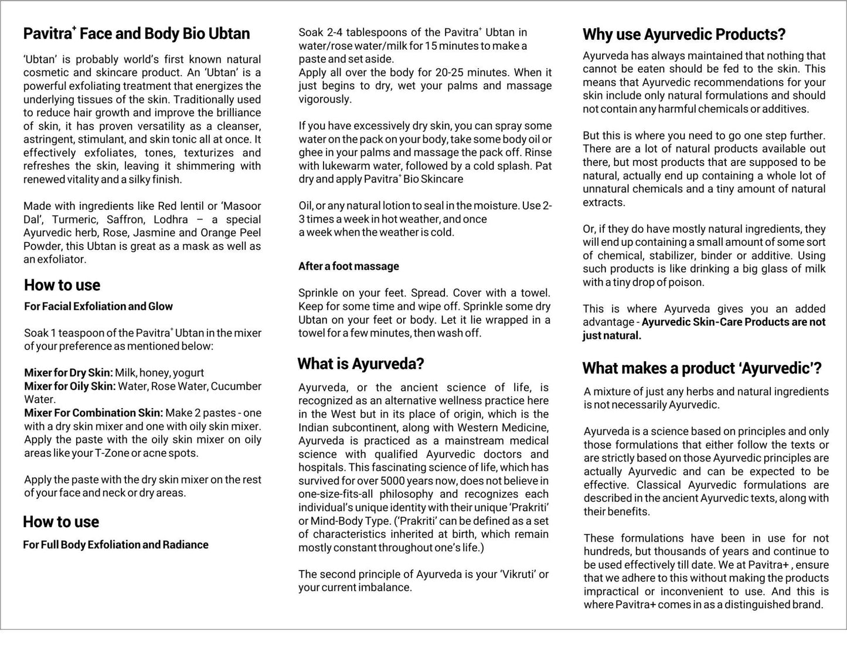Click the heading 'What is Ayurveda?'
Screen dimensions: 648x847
(360, 364)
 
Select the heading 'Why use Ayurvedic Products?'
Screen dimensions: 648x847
(683, 35)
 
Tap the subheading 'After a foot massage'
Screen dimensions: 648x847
(349, 266)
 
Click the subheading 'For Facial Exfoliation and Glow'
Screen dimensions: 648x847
(98, 306)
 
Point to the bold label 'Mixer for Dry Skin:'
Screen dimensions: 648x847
(69, 373)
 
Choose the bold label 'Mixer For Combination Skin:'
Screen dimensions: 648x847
(94, 413)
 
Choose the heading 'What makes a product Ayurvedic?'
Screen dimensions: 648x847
(702, 368)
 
